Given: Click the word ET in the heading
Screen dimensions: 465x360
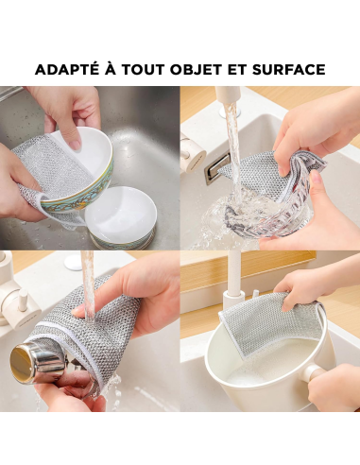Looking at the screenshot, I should [247, 70].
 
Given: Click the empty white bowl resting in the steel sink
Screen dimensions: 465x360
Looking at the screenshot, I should [121, 215].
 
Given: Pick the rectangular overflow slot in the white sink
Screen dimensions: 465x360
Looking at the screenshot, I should [216, 167].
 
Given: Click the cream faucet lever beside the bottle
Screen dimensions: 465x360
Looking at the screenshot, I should [14, 302].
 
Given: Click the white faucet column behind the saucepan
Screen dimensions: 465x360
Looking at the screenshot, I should [231, 274].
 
